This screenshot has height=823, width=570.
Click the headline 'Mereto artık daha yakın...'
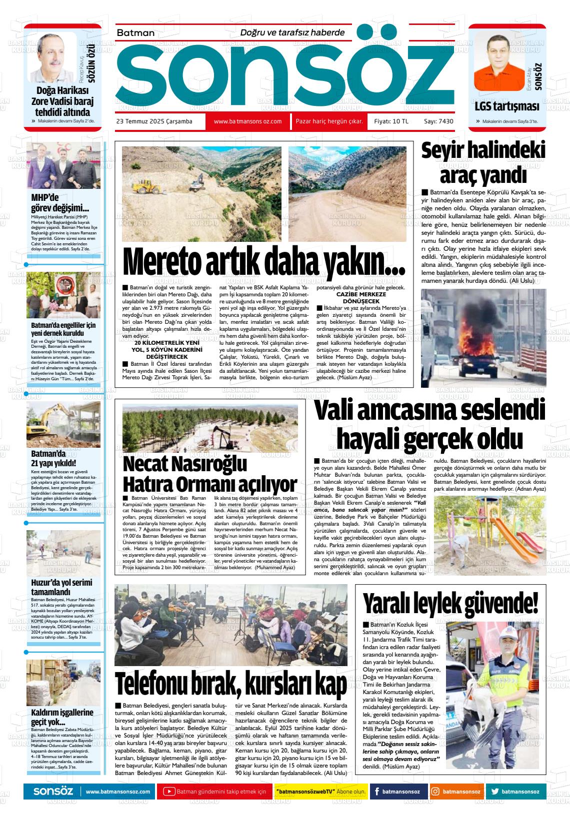pyautogui.click(x=263, y=262)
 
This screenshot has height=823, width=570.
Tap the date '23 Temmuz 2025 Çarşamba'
pyautogui.click(x=154, y=121)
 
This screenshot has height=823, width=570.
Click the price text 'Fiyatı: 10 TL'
pyautogui.click(x=391, y=121)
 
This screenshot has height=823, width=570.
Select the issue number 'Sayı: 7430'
pyautogui.click(x=438, y=121)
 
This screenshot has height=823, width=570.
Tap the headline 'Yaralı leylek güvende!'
pyautogui.click(x=450, y=603)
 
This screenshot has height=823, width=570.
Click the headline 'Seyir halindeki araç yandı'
pyautogui.click(x=483, y=163)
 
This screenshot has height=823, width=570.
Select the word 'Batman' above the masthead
pyautogui.click(x=135, y=33)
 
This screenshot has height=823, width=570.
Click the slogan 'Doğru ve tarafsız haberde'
pyautogui.click(x=292, y=32)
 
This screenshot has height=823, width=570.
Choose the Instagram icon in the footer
pyautogui.click(x=435, y=792)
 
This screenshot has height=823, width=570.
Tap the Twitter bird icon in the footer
pyautogui.click(x=495, y=792)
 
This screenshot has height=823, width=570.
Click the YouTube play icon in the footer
pyautogui.click(x=169, y=792)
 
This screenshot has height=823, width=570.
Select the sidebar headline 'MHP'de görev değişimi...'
pyautogui.click(x=60, y=202)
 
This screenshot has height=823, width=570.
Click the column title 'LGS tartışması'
pyautogui.click(x=506, y=106)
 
